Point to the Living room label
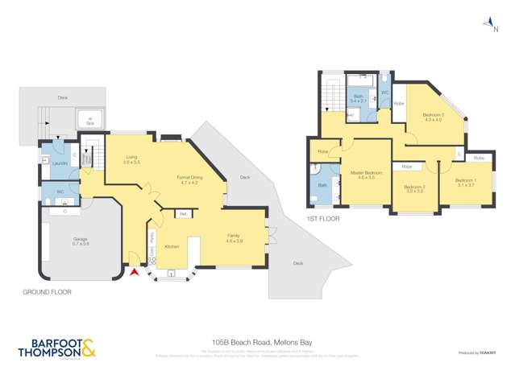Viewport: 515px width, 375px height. tap(131, 160)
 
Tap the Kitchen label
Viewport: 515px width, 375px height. tap(172, 245)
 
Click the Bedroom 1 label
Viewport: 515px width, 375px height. tap(466, 182)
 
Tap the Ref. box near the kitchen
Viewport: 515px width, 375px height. tap(184, 214)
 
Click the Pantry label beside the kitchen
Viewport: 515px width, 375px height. tap(153, 237)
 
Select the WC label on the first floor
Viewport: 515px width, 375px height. tap(384, 93)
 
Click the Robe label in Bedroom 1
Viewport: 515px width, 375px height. tap(479, 158)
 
